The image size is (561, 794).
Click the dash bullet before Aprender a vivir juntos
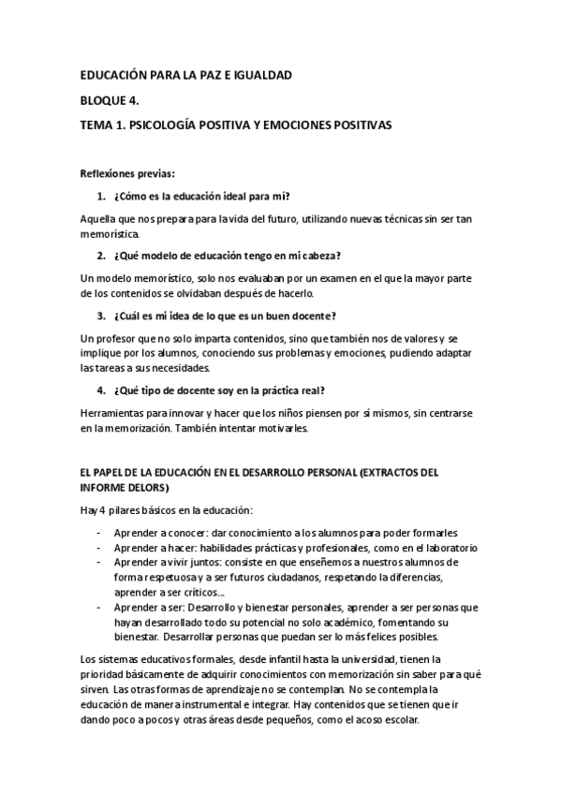coord(100,562)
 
